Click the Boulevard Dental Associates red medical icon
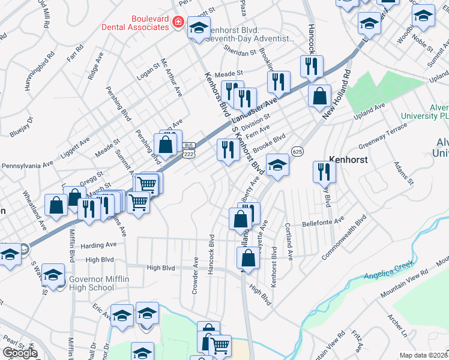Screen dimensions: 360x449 click(178, 23)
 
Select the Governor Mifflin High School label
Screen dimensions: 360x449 click(91, 283)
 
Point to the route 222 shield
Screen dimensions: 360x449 click(189, 154)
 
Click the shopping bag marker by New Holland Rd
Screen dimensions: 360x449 click(320, 95)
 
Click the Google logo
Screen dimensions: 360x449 click(20, 353)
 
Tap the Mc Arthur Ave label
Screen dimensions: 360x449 click(170, 77)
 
